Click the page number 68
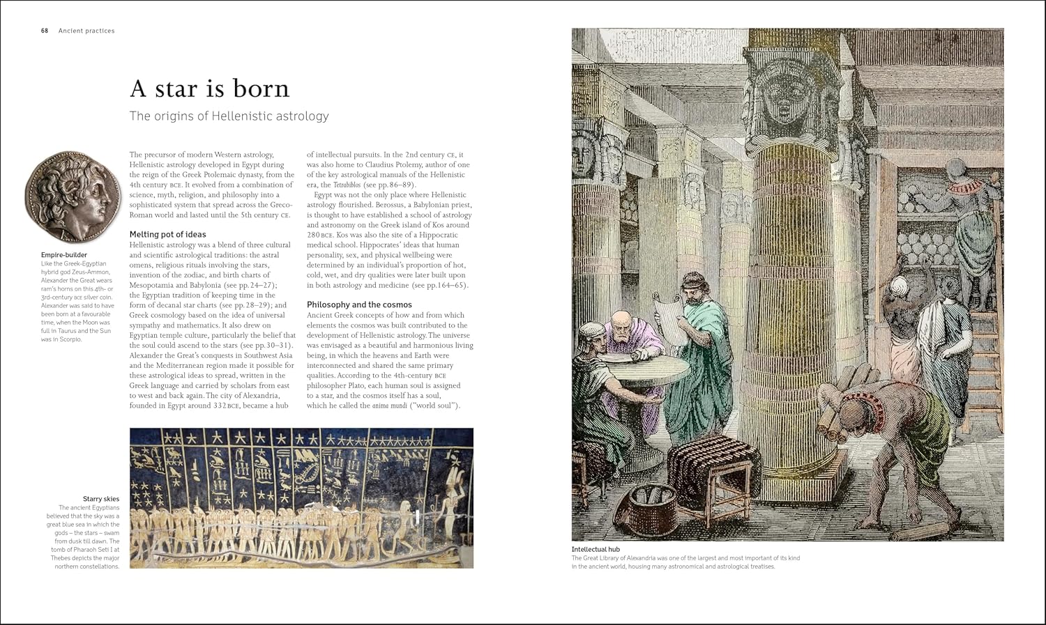45,31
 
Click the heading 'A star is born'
209,88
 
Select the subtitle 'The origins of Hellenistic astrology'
229,116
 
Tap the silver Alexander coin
68,197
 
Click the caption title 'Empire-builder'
64,255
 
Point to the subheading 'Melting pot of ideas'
167,235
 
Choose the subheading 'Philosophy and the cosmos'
359,305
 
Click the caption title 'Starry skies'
101,499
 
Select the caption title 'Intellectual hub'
596,550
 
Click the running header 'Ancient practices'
86,31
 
